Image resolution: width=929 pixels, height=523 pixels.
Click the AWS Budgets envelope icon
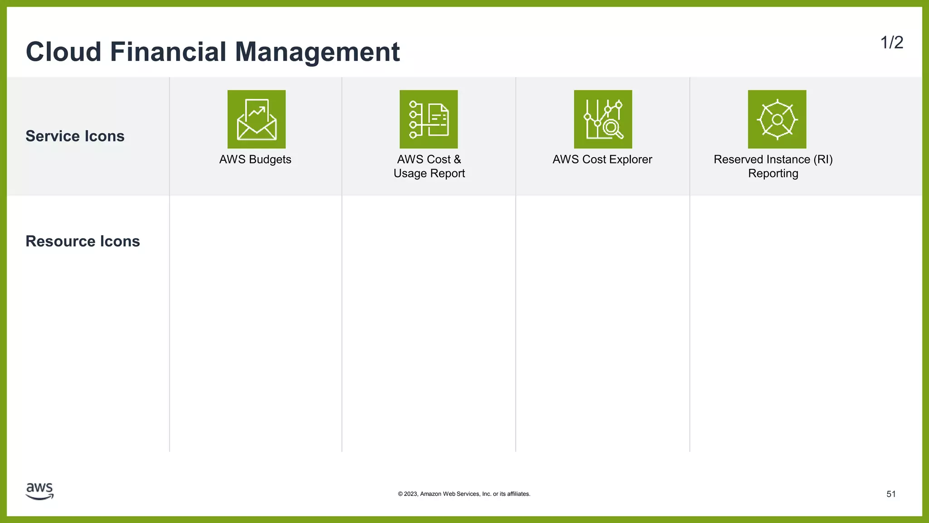pos(256,119)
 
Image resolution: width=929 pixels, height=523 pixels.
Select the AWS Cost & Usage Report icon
pos(429,119)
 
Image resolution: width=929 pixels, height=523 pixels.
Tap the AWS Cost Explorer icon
pos(603,119)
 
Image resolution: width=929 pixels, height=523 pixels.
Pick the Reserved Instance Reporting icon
pos(777,119)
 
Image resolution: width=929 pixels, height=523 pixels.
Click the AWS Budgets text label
pos(255,159)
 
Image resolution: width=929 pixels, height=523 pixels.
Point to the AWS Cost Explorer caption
pos(602,159)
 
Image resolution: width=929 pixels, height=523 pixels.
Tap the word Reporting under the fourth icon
pos(773,173)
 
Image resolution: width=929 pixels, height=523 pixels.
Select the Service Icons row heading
pos(75,136)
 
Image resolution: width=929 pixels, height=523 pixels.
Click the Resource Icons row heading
pos(83,241)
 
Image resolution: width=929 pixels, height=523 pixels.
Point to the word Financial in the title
pos(168,52)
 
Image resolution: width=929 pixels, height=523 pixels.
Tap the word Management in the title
pos(317,52)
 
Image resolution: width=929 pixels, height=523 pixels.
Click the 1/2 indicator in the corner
pos(891,43)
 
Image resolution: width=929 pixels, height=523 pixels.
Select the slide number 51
pos(891,494)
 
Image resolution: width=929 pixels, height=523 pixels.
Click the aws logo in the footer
pos(40,491)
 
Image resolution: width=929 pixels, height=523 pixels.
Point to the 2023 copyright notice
pos(464,494)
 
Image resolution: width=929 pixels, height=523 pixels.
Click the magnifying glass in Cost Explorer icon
pos(612,128)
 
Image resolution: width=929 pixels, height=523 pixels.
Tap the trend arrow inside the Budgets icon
pos(257,111)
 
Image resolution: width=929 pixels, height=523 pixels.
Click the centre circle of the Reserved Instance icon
pos(777,119)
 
